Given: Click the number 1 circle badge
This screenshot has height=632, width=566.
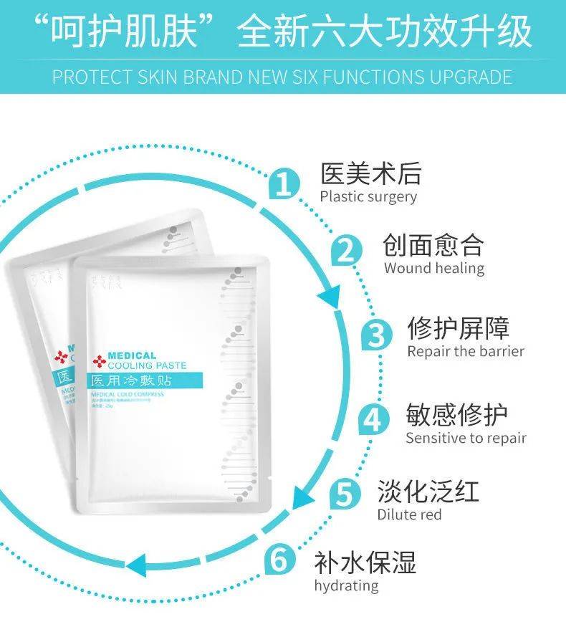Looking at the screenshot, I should click(284, 185).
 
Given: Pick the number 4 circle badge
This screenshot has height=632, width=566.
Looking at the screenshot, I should click(373, 419).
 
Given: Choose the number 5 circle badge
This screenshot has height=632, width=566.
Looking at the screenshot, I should click(345, 494).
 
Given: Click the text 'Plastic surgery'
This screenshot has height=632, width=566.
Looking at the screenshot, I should click(368, 196).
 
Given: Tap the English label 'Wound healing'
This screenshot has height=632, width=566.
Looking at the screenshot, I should click(434, 268).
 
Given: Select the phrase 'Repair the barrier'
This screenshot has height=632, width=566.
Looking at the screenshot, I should click(466, 351).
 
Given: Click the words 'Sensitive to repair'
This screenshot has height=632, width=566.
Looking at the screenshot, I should click(466, 437).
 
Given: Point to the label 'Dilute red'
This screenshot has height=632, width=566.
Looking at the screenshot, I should click(410, 514).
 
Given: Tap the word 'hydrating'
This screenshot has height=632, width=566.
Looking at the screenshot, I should click(346, 585).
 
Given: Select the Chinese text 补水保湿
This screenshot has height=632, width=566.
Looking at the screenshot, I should click(365, 562).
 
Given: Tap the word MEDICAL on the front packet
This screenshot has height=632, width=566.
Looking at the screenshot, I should click(132, 355).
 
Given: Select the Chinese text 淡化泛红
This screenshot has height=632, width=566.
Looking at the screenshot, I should click(428, 492).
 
